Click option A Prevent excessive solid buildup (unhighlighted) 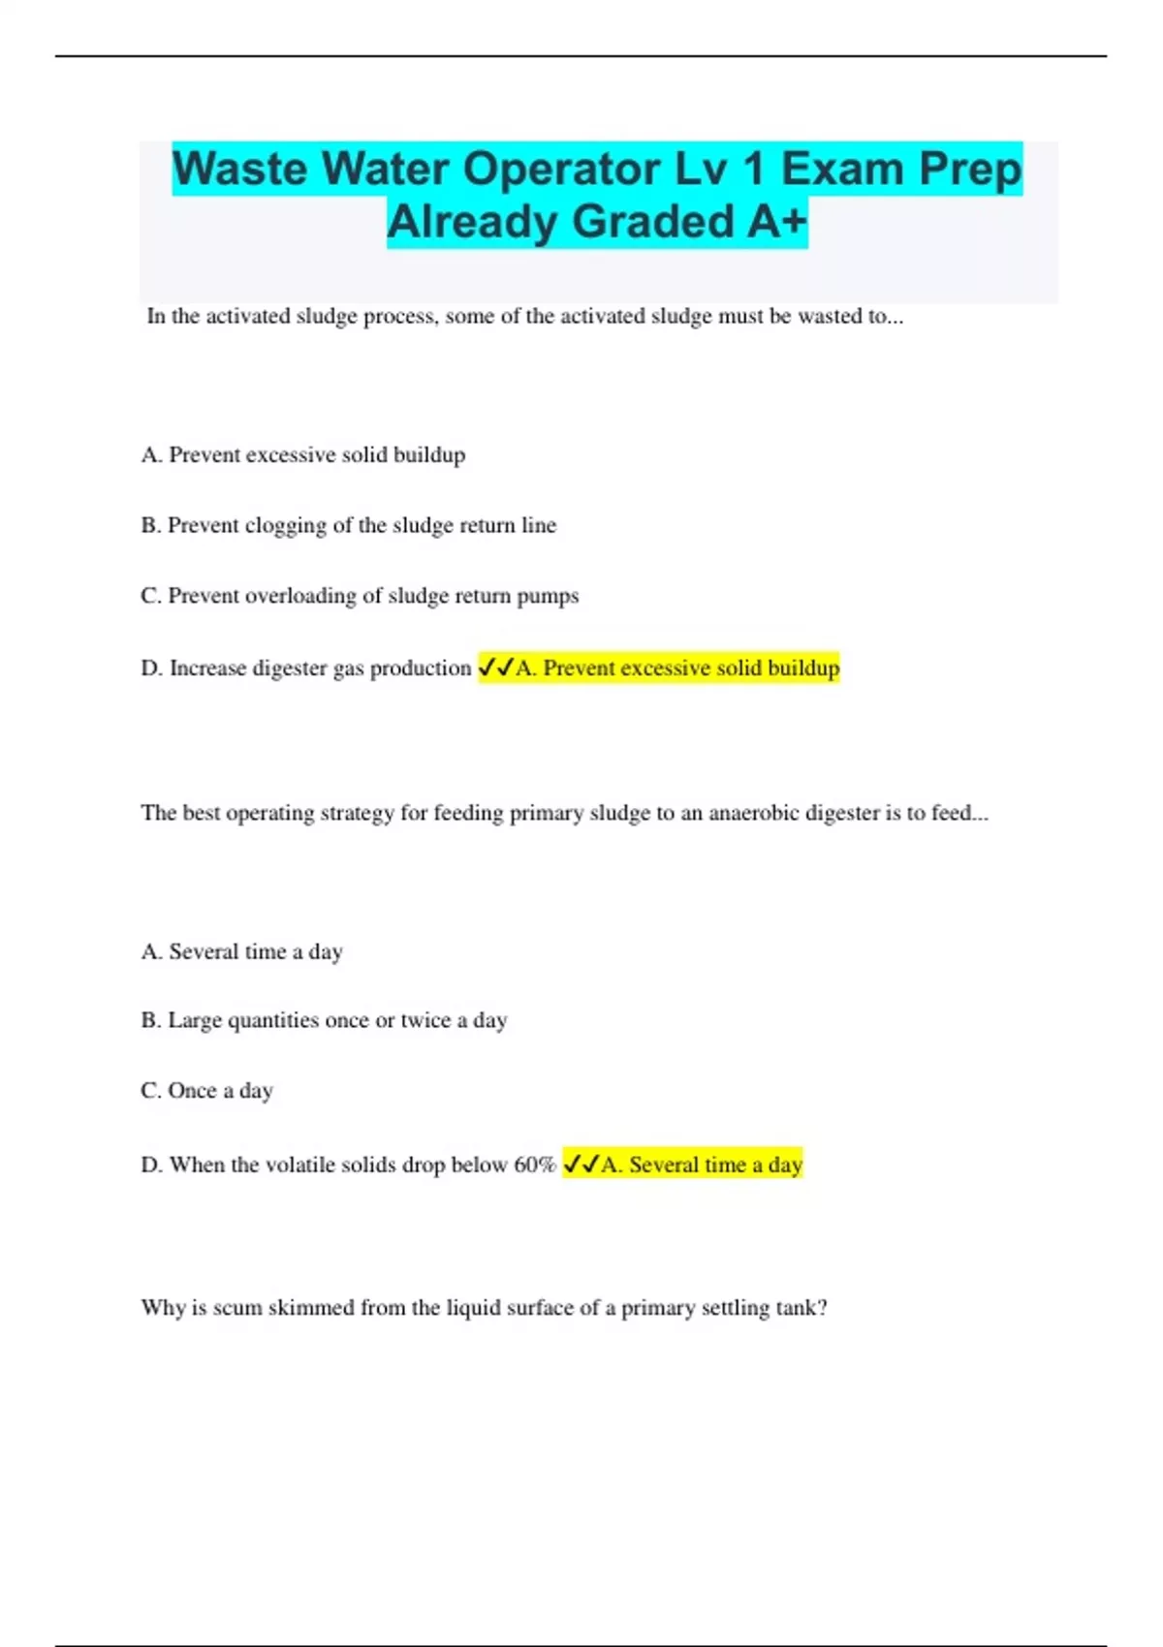302,454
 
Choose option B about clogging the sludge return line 348,525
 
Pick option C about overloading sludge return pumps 360,596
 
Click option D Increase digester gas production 306,668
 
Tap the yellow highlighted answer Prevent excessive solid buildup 677,668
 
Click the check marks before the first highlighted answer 496,668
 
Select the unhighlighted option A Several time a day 241,951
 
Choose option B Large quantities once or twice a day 324,1020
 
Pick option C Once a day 206,1091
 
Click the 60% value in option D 535,1165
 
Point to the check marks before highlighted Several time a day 581,1165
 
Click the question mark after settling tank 822,1308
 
